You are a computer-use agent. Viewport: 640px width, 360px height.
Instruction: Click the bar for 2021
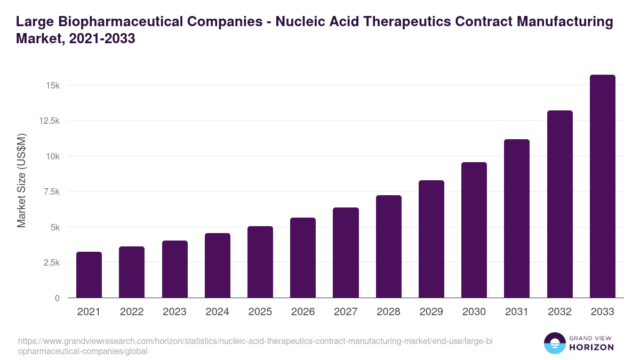[89, 275]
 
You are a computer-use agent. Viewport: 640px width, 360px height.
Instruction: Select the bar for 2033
[603, 186]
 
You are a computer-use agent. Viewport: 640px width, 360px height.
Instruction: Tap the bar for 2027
[346, 253]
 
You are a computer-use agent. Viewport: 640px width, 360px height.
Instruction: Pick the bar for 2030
[474, 230]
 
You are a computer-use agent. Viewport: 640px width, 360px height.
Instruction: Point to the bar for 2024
[218, 266]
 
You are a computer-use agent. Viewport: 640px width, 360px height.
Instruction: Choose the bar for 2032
[559, 204]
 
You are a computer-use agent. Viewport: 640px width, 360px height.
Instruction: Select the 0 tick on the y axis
[57, 298]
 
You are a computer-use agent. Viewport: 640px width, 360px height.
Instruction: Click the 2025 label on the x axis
[260, 312]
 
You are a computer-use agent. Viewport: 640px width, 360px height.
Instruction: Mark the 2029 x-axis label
[431, 312]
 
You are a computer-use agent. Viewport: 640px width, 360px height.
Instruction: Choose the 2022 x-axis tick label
[132, 312]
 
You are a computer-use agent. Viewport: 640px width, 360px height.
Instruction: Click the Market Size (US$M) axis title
[21, 180]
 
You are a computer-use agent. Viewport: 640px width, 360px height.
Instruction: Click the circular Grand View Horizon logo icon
[554, 343]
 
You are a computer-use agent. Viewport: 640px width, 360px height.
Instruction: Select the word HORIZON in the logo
[591, 347]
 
